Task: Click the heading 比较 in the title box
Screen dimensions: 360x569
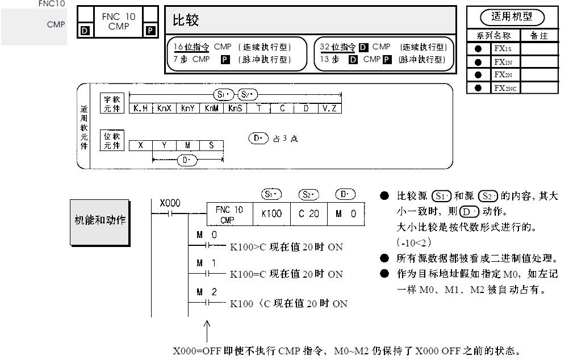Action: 186,21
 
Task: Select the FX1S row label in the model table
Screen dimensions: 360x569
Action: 503,48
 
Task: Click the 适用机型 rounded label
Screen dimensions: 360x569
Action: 512,17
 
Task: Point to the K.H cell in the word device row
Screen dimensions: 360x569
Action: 141,108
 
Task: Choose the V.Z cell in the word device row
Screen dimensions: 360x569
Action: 329,108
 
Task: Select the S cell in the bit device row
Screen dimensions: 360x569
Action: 211,145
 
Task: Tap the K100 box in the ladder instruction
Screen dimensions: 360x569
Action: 271,214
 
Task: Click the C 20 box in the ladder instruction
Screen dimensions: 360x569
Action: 308,214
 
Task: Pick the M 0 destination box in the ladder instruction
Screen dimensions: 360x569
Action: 346,214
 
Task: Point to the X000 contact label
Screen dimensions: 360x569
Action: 170,203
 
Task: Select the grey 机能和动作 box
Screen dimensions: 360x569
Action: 100,220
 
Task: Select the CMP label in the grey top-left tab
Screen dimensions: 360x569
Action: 56,24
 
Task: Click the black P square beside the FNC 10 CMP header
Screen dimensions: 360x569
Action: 150,31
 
